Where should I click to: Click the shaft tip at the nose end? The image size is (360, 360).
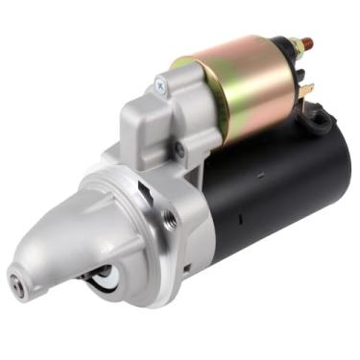(17, 281)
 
